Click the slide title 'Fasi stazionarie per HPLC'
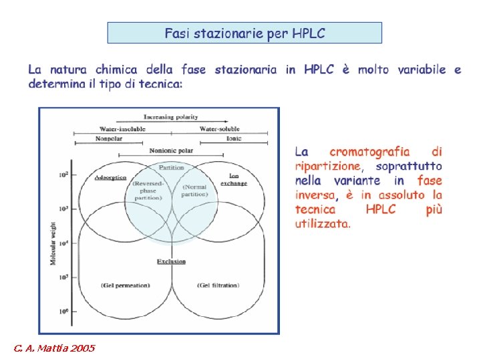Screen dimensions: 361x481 point(245,33)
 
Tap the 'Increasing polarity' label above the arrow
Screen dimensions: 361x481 point(170,118)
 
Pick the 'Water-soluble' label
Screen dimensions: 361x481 point(220,129)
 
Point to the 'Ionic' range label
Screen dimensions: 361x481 point(233,139)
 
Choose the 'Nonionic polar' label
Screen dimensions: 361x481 point(171,150)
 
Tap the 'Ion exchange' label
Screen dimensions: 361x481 point(234,180)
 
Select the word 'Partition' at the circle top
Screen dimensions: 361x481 point(171,167)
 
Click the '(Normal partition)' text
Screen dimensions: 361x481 point(195,191)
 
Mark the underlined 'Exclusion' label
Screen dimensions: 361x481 point(171,261)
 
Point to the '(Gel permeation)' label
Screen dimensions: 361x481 point(126,285)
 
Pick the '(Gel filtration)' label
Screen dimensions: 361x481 point(218,285)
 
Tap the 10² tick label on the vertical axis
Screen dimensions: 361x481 point(63,175)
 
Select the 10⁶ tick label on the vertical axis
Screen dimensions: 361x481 point(63,312)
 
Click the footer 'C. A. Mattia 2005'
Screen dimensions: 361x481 point(54,348)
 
